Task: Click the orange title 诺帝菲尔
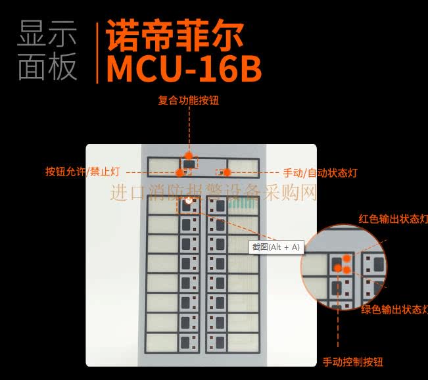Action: tap(174, 36)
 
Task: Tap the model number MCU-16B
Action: tap(184, 69)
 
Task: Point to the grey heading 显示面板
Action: tap(47, 51)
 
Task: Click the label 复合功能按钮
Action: tap(188, 100)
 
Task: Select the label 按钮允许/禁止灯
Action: tap(83, 172)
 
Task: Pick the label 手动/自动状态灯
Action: tap(320, 173)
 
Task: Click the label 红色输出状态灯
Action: tap(393, 219)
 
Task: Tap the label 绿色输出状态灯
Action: tap(394, 310)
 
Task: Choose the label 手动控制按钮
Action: tap(352, 362)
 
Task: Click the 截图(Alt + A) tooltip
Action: tap(276, 247)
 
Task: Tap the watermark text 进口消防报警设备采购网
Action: tap(214, 193)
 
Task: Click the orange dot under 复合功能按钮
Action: tap(189, 156)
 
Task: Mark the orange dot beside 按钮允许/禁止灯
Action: tap(179, 172)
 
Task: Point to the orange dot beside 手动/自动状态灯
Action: tap(227, 172)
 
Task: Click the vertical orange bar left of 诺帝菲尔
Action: tap(97, 53)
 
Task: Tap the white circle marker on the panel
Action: tap(189, 201)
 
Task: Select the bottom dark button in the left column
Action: tap(185, 343)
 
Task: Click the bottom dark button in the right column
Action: tap(220, 343)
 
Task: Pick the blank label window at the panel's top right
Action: tap(243, 168)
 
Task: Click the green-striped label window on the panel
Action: tap(243, 204)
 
